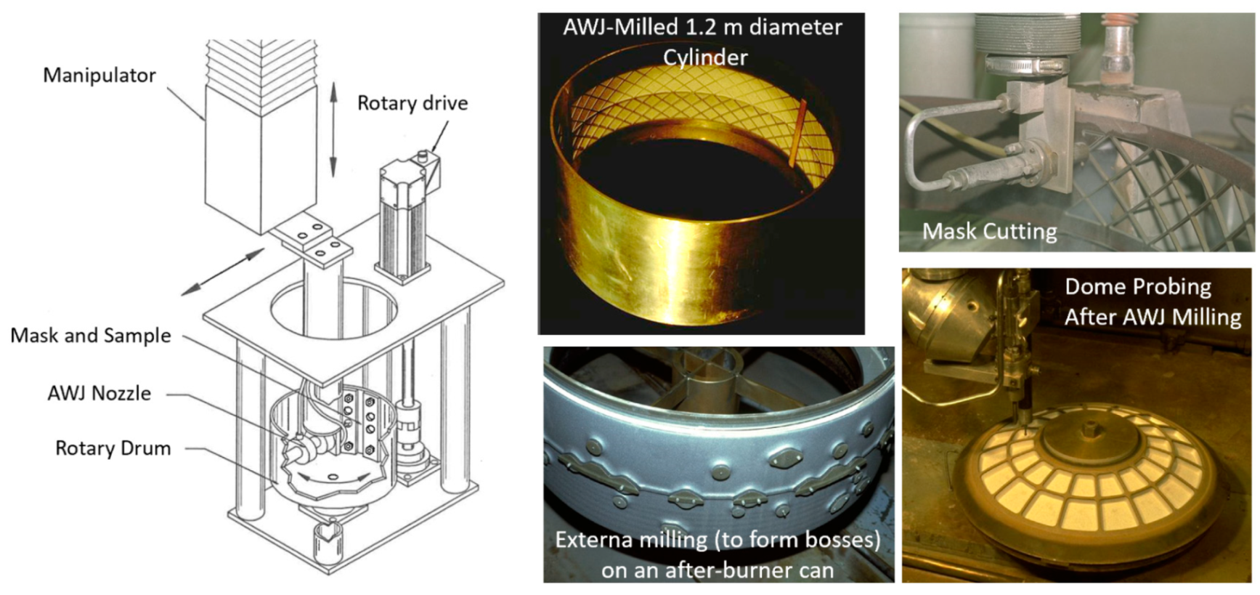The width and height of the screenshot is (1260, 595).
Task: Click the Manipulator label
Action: pyautogui.click(x=99, y=76)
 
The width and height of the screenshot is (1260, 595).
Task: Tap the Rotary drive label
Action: pyautogui.click(x=412, y=103)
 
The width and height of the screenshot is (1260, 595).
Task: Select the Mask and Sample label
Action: pyautogui.click(x=91, y=336)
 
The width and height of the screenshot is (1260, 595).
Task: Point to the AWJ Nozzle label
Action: pyautogui.click(x=99, y=394)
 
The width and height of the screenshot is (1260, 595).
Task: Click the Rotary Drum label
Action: pyautogui.click(x=113, y=448)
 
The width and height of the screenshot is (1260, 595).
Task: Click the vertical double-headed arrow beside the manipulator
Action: pyautogui.click(x=333, y=129)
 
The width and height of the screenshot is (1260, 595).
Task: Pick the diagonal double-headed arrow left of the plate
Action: pyautogui.click(x=223, y=272)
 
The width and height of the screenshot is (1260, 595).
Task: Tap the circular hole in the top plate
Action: pyautogui.click(x=333, y=305)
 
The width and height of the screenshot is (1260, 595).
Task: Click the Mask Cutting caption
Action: pyautogui.click(x=990, y=232)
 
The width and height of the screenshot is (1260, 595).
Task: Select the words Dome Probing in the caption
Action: pyautogui.click(x=1138, y=287)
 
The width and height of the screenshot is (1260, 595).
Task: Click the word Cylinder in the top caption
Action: pyautogui.click(x=705, y=57)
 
